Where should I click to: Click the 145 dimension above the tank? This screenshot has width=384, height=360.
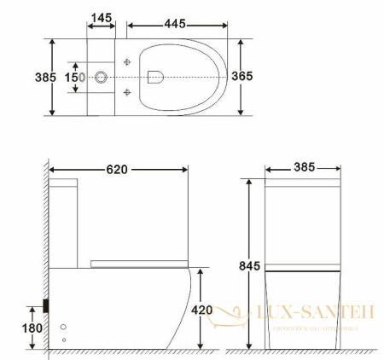click(x=102, y=17)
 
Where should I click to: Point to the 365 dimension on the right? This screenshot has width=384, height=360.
click(x=241, y=76)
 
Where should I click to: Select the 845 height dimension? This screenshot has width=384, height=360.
click(x=248, y=266)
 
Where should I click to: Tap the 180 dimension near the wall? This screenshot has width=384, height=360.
click(x=32, y=328)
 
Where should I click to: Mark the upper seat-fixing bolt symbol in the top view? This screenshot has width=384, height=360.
click(x=126, y=62)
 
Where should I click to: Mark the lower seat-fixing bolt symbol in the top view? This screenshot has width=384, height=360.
click(x=126, y=91)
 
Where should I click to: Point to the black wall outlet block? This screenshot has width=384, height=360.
click(x=46, y=305)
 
